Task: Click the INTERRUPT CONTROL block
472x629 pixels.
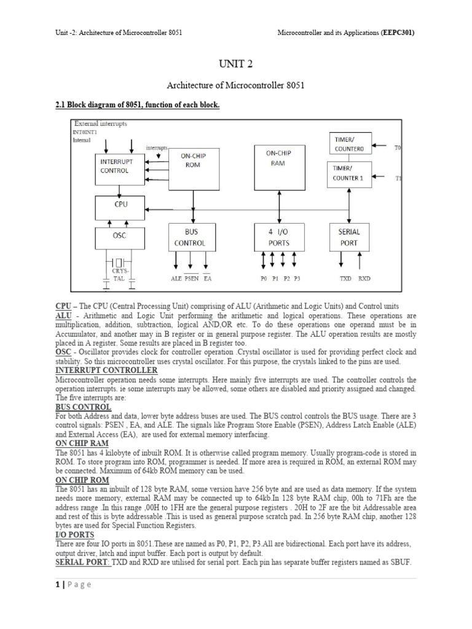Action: (120, 166)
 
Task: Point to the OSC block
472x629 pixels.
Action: (120, 236)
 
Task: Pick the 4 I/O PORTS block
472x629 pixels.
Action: (280, 238)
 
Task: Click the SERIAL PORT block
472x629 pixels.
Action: (349, 238)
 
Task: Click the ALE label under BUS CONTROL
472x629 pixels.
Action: (176, 278)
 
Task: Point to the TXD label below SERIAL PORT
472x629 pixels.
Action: (346, 278)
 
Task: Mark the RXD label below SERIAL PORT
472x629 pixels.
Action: (364, 278)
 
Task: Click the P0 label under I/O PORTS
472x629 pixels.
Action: (264, 278)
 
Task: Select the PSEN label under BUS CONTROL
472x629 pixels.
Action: (192, 278)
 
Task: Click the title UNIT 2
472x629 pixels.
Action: (236, 64)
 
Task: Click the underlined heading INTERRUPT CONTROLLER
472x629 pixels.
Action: (106, 370)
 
